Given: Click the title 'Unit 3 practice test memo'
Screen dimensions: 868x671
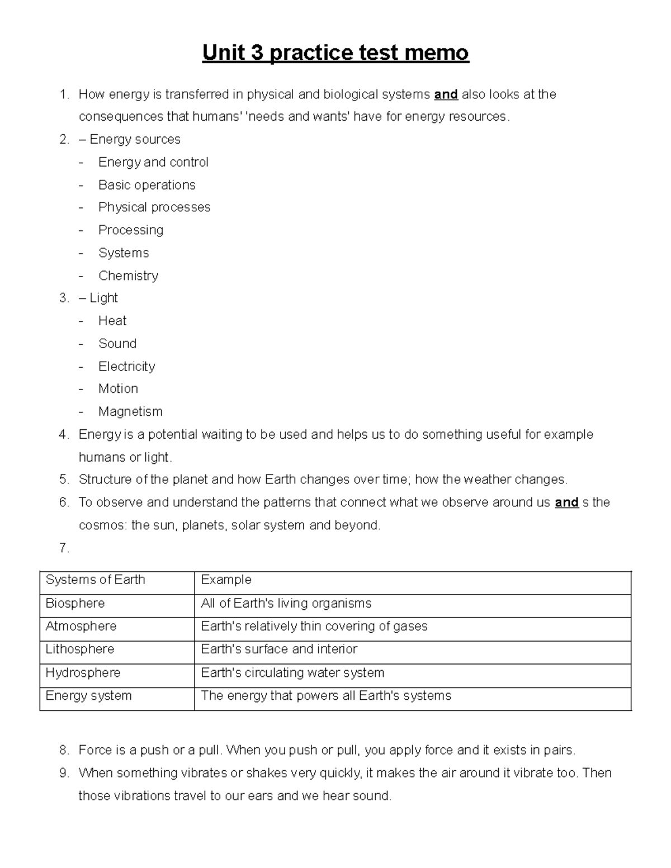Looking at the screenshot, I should coord(335,53).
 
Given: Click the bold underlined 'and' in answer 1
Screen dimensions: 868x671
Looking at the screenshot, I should coord(446,94).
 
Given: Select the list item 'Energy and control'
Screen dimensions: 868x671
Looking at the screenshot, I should coord(153,162).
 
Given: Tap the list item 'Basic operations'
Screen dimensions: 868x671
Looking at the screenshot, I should coord(147,185).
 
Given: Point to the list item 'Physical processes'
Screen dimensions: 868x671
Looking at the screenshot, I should coord(154,207).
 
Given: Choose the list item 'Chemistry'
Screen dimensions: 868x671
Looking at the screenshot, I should coord(128,276).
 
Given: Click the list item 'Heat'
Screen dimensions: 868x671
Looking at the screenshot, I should coord(112,321).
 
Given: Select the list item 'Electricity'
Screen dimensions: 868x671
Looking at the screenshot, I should coord(126,367).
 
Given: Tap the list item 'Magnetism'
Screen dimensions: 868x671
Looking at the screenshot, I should coord(130,412).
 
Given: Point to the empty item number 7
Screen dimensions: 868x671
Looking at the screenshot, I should coord(64,548).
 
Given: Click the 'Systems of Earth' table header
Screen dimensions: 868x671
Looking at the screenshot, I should coord(95,580).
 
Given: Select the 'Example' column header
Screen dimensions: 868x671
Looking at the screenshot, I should coord(226,580).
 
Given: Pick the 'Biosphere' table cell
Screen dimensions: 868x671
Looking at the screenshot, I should coord(75,604).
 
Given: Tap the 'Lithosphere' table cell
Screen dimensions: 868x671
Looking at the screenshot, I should coord(79,649).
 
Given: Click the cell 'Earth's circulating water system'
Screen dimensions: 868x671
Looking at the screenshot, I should coord(292,673).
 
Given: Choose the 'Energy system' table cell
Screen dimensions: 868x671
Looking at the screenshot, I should coord(88,696).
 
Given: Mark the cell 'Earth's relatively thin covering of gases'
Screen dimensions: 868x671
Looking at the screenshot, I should coord(314,627).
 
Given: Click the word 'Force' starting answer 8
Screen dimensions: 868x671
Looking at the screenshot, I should coord(94,750).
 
